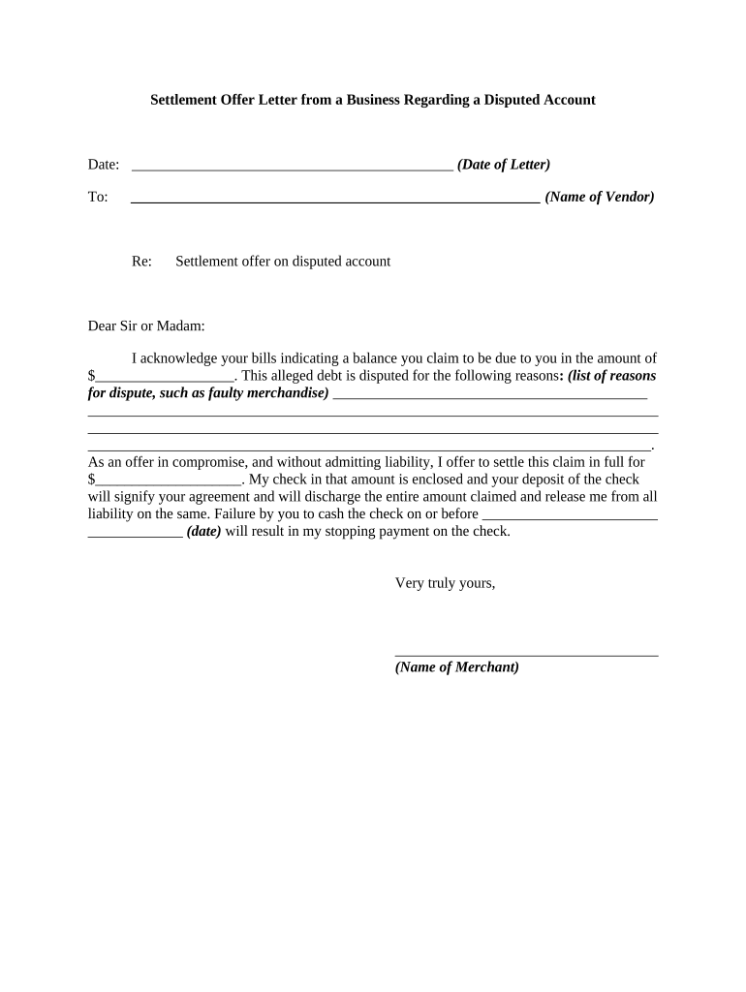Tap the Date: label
(104, 165)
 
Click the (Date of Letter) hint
(504, 165)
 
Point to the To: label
(98, 197)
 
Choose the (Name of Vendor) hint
(600, 197)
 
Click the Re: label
(141, 262)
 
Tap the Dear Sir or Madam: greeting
(146, 326)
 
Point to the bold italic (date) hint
(203, 532)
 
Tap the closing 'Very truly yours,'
(446, 583)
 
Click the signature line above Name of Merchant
(526, 655)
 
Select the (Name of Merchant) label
(457, 667)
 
